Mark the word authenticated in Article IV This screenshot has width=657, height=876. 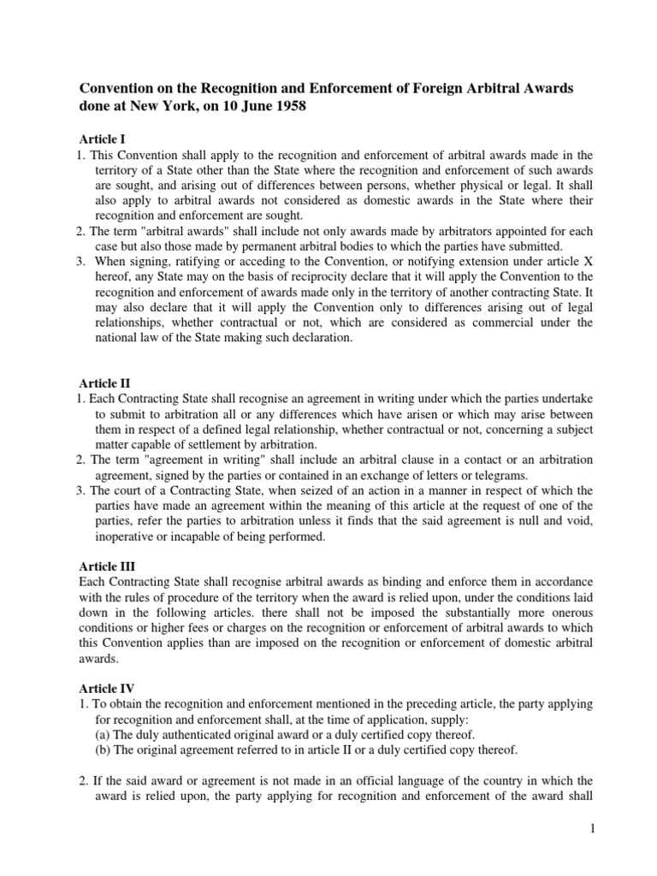pos(190,736)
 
